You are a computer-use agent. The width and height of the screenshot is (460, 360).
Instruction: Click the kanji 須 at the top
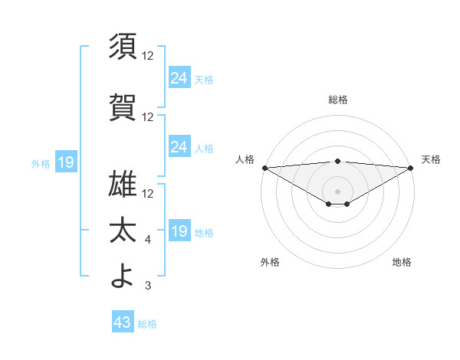click(123, 47)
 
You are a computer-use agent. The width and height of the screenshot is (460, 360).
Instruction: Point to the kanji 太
click(123, 231)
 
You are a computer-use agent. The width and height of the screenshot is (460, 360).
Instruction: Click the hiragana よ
click(123, 276)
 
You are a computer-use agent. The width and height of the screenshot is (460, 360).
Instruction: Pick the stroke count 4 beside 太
click(148, 241)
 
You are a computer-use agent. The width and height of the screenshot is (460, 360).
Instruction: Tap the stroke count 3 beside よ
click(148, 286)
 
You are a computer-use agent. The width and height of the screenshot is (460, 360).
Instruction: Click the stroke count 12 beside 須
click(148, 56)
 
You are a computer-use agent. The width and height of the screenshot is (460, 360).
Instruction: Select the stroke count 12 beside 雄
click(148, 193)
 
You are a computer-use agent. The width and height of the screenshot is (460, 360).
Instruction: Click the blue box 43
click(123, 323)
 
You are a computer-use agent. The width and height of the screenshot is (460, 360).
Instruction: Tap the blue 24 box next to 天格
click(179, 77)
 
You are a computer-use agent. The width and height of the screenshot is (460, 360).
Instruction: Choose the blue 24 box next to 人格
click(179, 146)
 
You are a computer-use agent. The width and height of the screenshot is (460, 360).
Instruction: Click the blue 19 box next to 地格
click(179, 231)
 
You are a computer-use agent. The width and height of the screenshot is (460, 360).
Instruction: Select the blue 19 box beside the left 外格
click(65, 162)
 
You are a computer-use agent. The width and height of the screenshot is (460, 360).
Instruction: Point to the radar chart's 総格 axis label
click(337, 100)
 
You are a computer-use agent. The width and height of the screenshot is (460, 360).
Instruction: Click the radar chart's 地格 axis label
click(402, 262)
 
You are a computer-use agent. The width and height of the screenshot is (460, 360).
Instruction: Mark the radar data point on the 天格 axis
click(411, 167)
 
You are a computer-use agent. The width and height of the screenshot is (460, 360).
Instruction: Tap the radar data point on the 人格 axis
click(264, 167)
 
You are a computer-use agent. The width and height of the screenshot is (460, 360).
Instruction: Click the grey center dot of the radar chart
click(337, 191)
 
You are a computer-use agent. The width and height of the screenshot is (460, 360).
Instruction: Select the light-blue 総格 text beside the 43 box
click(147, 324)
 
